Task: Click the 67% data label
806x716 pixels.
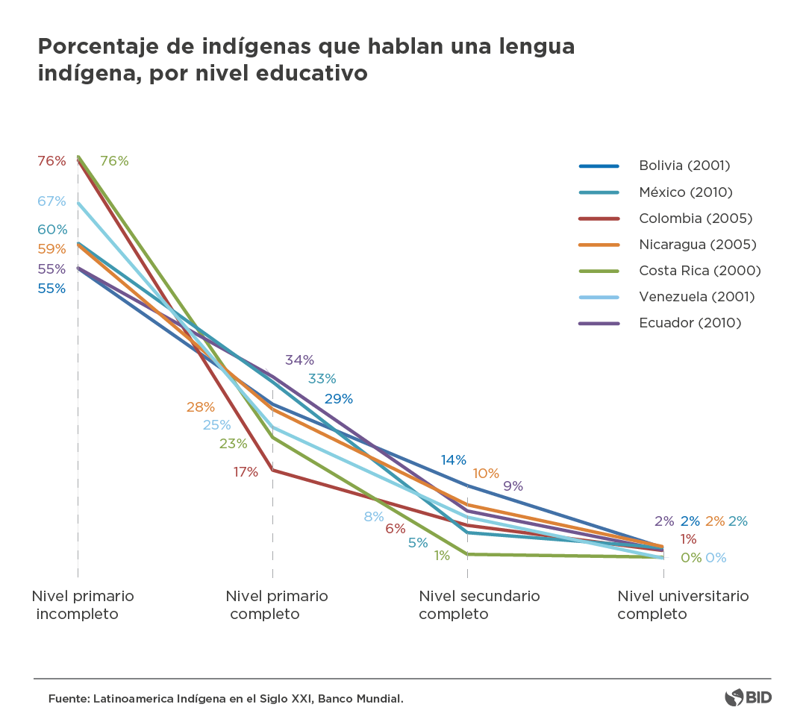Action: click(51, 201)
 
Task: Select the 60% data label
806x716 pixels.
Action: click(51, 230)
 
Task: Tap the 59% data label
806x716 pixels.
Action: click(51, 249)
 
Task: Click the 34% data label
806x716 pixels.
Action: click(299, 360)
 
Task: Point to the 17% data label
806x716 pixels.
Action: click(245, 471)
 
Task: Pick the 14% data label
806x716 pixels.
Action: click(453, 460)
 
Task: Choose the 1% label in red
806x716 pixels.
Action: click(688, 539)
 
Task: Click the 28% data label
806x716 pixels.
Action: click(200, 407)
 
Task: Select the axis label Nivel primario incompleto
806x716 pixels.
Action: click(83, 605)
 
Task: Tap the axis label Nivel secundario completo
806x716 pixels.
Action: click(479, 605)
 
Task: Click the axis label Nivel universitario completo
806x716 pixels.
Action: click(682, 605)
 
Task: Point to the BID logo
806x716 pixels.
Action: click(748, 698)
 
